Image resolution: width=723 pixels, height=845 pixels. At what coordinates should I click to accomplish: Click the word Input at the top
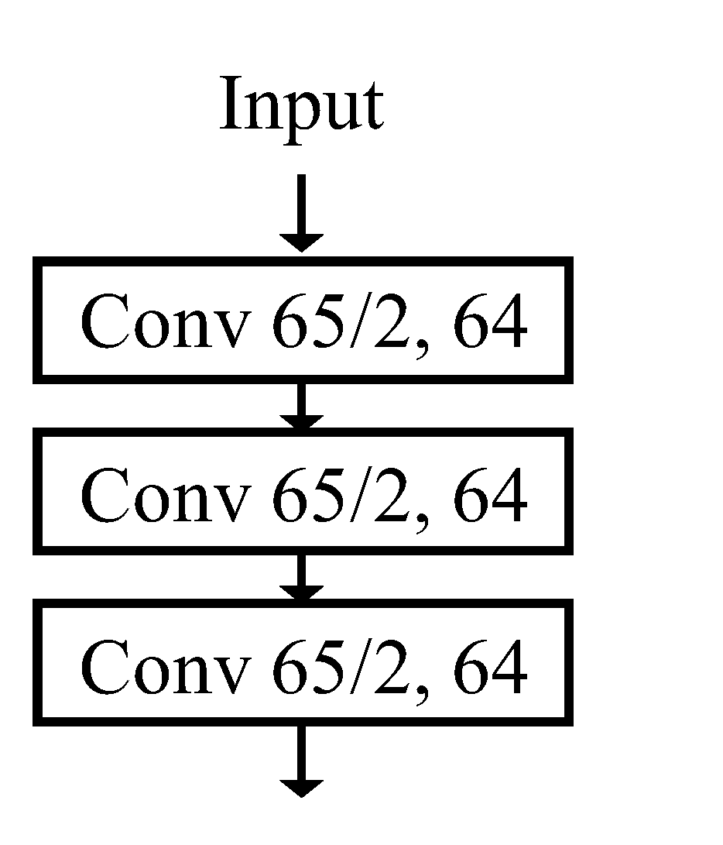coord(301,106)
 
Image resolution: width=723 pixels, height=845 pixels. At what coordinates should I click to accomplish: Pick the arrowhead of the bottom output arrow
coord(301,786)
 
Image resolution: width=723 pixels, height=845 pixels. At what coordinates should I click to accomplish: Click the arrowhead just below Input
coord(301,241)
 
